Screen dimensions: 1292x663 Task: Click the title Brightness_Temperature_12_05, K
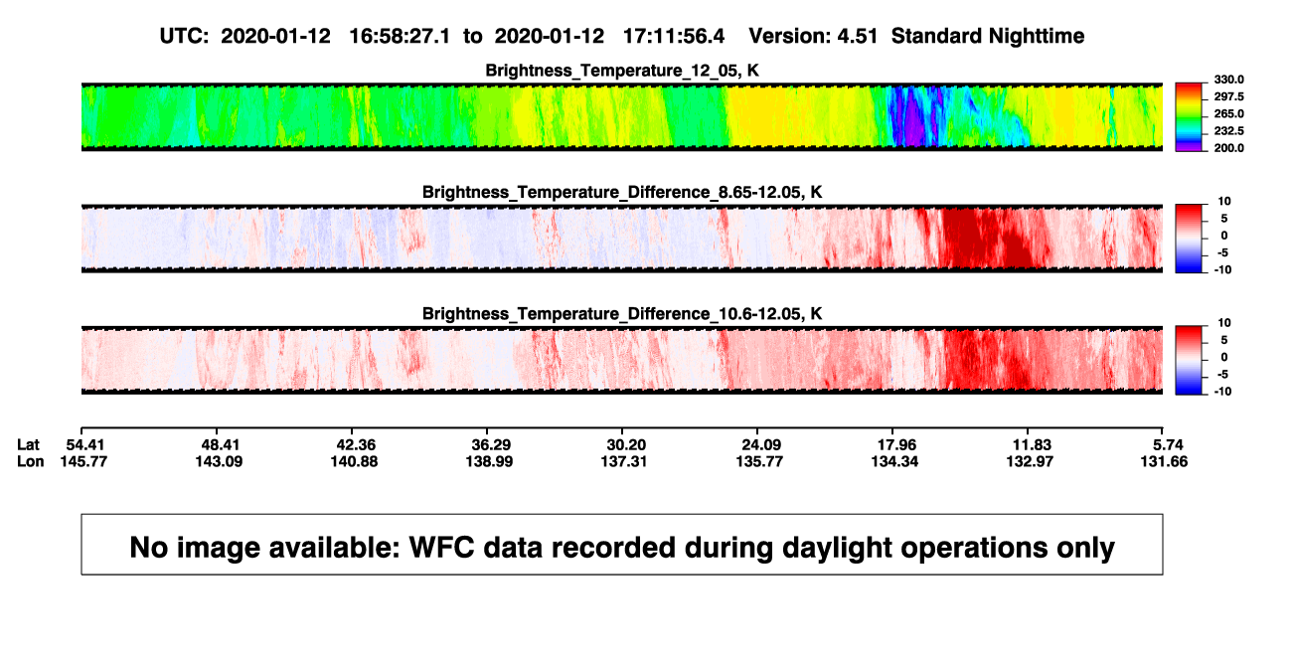click(x=622, y=71)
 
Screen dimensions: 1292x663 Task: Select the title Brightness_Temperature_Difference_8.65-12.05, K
click(x=622, y=192)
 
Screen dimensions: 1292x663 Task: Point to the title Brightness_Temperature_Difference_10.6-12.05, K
click(x=622, y=314)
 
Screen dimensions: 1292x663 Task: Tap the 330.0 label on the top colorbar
click(x=1228, y=80)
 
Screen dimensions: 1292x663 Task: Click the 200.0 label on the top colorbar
click(x=1228, y=148)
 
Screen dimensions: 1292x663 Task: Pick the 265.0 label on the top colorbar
click(x=1228, y=113)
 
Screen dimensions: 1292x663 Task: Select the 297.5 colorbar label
click(x=1228, y=96)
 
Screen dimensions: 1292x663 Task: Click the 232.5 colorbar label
click(x=1228, y=131)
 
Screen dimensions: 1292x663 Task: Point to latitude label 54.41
click(x=85, y=445)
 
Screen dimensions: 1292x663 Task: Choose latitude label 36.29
click(x=491, y=445)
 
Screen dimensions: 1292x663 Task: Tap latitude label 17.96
click(x=896, y=445)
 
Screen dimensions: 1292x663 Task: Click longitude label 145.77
click(x=83, y=461)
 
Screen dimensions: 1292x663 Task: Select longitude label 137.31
click(x=623, y=461)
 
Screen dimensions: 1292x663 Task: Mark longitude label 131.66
click(x=1164, y=461)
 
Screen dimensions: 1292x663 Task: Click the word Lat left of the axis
click(x=28, y=445)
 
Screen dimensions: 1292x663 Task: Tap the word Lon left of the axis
click(x=31, y=461)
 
